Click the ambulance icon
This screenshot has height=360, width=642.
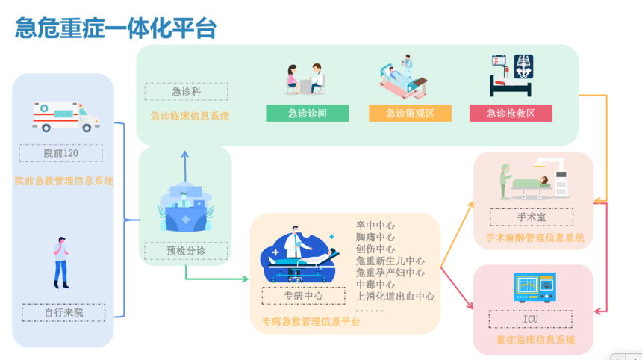tap(66, 117)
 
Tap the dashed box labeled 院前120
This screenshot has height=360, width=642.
tap(61, 153)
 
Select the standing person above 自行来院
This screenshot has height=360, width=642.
tap(61, 262)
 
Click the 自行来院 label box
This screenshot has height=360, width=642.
tap(63, 313)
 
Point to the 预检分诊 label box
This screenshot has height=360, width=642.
tap(186, 251)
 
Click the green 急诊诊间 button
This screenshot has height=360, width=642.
tap(307, 113)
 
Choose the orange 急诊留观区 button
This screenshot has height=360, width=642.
tap(411, 113)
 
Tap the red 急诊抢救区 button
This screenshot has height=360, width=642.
tap(511, 113)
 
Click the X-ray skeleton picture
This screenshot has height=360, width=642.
tap(523, 66)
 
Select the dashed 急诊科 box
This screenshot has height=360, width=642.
tap(187, 91)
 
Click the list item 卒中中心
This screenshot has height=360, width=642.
tap(375, 226)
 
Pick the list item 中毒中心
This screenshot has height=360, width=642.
tap(375, 285)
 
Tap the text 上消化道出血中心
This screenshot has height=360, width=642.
tap(395, 296)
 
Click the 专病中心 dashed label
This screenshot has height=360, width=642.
tap(303, 296)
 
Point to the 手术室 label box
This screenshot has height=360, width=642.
tap(532, 217)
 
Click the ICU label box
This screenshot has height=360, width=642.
tap(531, 319)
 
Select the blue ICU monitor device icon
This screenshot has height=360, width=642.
tap(535, 288)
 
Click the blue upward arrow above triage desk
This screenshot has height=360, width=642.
tap(185, 167)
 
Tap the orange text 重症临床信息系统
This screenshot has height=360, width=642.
tap(535, 340)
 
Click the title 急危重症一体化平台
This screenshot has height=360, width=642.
tap(116, 28)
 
